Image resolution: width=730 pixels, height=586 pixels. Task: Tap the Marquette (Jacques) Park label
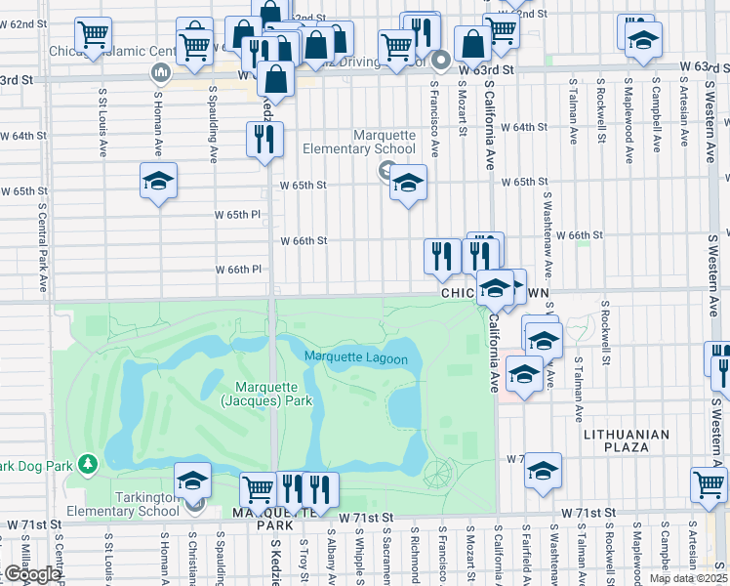click(x=265, y=394)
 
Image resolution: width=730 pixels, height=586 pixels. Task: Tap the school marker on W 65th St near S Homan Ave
click(x=158, y=181)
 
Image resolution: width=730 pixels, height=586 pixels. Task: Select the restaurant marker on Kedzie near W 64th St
click(x=264, y=140)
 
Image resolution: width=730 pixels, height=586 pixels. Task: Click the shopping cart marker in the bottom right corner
click(x=709, y=483)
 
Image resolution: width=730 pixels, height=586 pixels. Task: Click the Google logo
click(x=31, y=574)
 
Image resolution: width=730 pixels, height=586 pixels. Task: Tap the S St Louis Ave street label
click(x=102, y=122)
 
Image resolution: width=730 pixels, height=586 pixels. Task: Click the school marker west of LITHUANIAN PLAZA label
click(x=543, y=471)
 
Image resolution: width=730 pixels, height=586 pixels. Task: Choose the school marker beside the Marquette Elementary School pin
click(x=408, y=183)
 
